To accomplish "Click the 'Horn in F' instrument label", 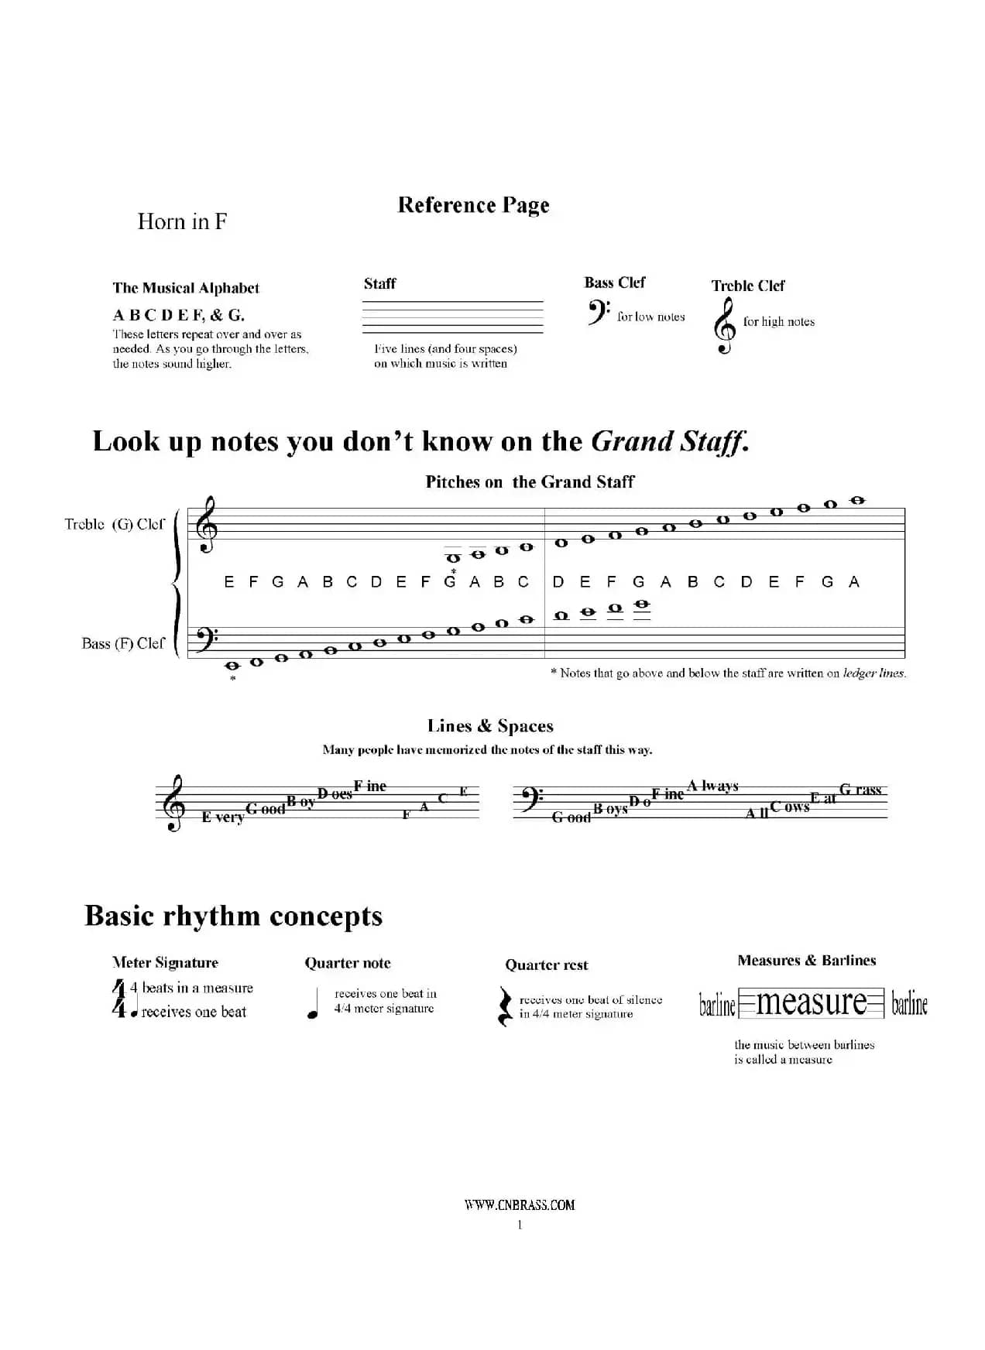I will (x=182, y=221).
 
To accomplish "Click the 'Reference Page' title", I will (x=473, y=205).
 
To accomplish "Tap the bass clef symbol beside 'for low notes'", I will (x=598, y=313).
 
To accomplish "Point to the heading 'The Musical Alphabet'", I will (x=186, y=288).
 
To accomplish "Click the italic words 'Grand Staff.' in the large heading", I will (x=670, y=441).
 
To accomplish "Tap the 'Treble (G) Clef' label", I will (x=115, y=524).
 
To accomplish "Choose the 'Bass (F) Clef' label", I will (x=123, y=643).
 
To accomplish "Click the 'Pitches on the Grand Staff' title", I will (x=530, y=482).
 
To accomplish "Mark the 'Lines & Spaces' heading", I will (x=490, y=726).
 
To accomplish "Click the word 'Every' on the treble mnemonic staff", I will (x=222, y=817).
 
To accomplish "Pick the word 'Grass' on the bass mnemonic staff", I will (x=860, y=790).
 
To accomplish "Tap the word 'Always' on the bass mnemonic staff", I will (x=713, y=786).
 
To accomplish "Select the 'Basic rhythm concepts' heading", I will (x=233, y=916).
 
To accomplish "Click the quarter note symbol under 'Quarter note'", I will (x=314, y=1005).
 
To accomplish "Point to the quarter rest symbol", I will (x=505, y=1006).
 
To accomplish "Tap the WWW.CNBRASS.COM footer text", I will (x=520, y=1204).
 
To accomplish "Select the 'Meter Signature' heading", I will (x=165, y=963).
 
